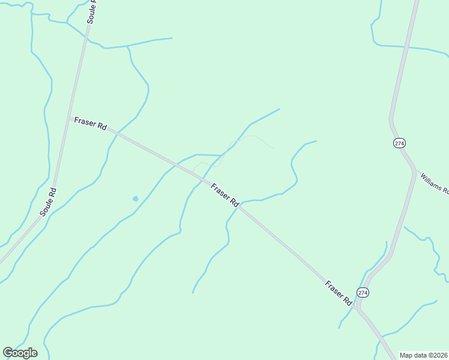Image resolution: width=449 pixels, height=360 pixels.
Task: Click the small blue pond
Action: [135, 199]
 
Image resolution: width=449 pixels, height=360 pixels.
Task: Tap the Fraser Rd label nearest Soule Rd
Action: [90, 124]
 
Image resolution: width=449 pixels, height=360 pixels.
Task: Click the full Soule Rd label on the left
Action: [48, 202]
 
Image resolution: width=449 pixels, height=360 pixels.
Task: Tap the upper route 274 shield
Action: [399, 143]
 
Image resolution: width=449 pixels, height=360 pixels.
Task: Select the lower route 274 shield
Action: [362, 292]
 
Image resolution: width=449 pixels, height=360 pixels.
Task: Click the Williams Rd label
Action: [435, 184]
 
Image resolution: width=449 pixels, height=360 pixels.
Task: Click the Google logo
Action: [20, 353]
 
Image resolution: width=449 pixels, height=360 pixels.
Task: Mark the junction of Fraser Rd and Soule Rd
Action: [68, 117]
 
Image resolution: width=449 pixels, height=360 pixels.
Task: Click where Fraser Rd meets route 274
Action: [357, 308]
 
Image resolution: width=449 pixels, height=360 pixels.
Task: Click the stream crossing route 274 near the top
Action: [406, 46]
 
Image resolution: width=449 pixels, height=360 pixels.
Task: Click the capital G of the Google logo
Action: [8, 353]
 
